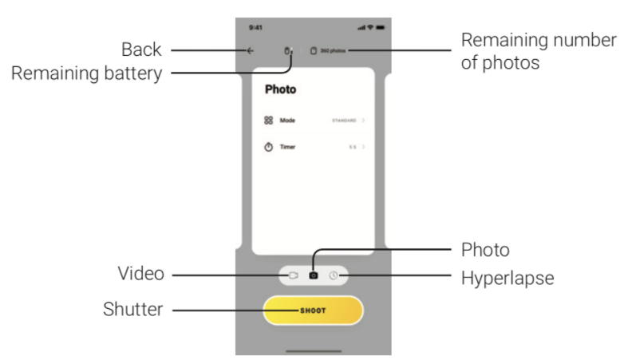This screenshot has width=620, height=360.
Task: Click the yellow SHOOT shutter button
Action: (x=313, y=310)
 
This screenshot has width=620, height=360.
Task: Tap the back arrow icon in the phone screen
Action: (x=251, y=51)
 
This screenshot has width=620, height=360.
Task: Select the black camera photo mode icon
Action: (x=313, y=275)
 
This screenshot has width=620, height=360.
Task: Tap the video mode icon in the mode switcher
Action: (x=293, y=275)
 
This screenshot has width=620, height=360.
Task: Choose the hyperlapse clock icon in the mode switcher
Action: (x=334, y=275)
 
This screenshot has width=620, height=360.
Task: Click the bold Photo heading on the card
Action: (x=280, y=90)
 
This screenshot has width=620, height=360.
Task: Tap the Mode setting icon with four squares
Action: (x=268, y=120)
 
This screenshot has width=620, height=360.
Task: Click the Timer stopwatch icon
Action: (x=268, y=147)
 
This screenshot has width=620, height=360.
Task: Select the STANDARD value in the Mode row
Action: (x=344, y=120)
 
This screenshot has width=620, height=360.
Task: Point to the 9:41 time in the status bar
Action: (x=255, y=27)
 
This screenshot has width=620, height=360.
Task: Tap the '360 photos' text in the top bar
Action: (x=331, y=51)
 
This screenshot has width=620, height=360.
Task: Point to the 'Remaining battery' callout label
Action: (x=86, y=74)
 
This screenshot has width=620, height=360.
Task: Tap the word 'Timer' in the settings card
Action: (x=287, y=147)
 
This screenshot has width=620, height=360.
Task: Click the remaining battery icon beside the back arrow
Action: (x=288, y=51)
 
